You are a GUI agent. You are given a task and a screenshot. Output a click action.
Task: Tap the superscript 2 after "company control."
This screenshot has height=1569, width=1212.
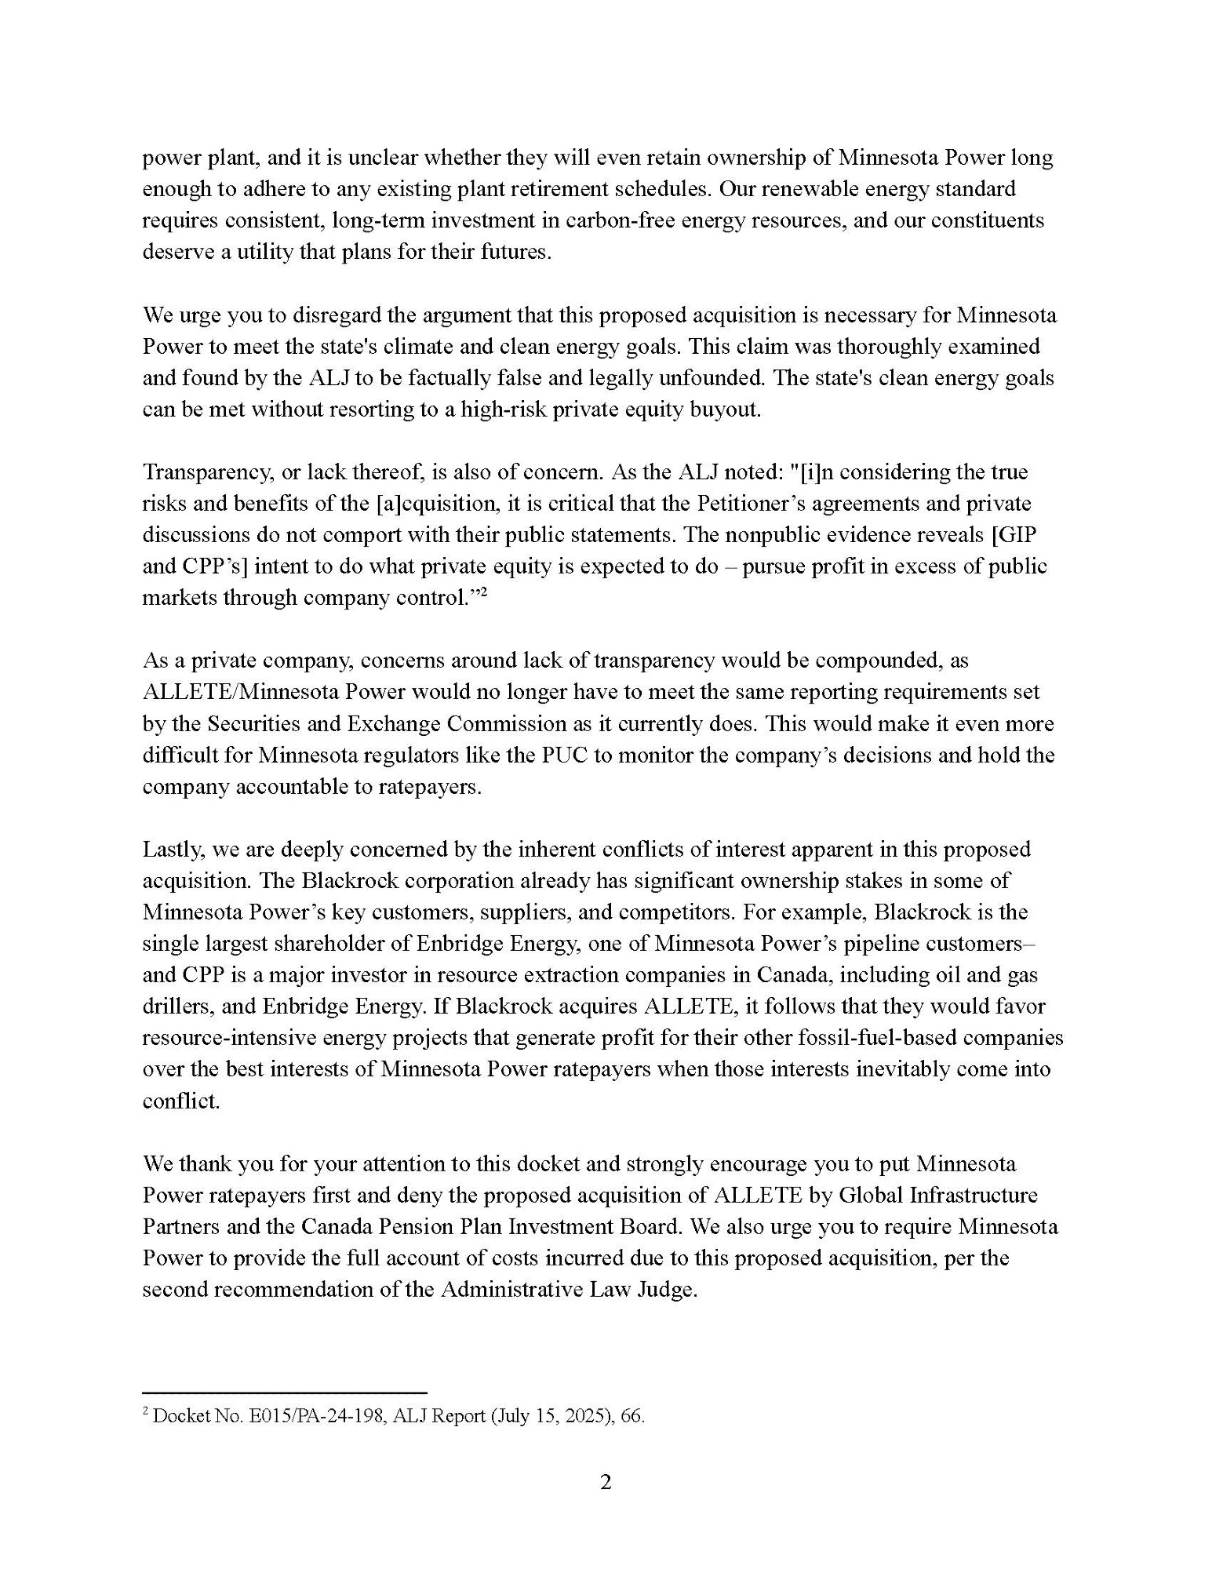(x=485, y=592)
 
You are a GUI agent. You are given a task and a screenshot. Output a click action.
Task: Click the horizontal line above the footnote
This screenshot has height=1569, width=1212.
(x=284, y=1392)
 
